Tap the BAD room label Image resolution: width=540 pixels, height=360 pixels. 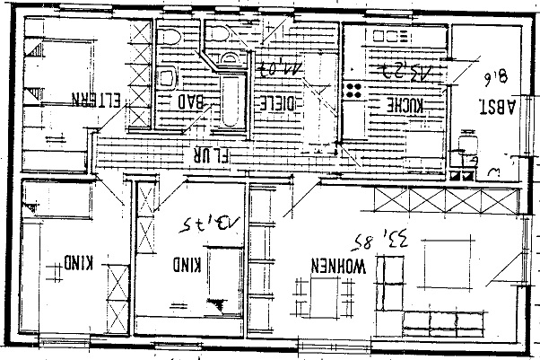point(193,102)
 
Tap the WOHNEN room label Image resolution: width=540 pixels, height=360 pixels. point(337,267)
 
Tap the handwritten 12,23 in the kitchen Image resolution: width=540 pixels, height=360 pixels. point(405,68)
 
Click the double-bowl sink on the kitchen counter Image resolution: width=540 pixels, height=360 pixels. point(390,37)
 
